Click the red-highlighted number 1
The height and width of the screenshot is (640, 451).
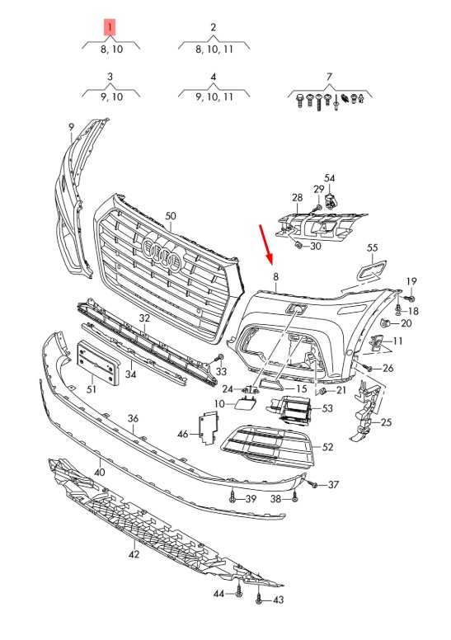[x=110, y=28]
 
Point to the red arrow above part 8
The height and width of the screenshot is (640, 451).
[x=265, y=243]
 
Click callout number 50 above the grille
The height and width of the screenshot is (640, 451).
[x=170, y=216]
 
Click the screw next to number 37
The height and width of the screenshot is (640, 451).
[x=313, y=485]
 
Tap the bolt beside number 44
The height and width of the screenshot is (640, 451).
[x=238, y=592]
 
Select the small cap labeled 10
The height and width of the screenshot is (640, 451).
[x=245, y=403]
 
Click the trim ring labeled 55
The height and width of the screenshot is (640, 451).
[x=372, y=271]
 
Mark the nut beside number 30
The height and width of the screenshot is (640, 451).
[x=298, y=245]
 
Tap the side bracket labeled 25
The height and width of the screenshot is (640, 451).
[x=365, y=412]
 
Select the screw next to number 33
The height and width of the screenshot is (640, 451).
[x=219, y=359]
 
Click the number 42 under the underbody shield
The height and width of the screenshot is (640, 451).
[x=134, y=554]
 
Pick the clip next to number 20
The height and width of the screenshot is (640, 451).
[x=384, y=323]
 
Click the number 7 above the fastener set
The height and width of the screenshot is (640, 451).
[x=329, y=77]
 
